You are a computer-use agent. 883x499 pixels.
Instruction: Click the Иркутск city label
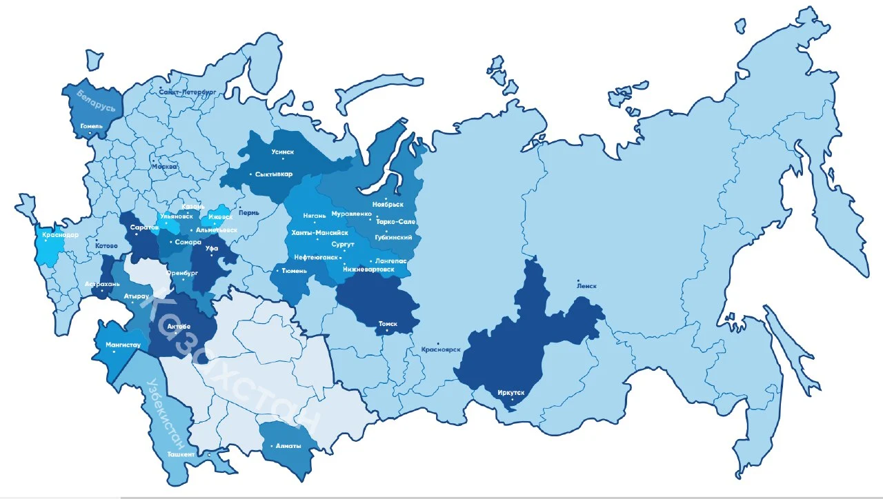click(x=511, y=393)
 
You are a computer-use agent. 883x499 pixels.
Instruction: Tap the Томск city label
click(x=388, y=323)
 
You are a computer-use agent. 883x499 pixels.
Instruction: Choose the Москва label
click(x=164, y=167)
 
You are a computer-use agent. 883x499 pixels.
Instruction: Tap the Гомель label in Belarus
click(x=91, y=126)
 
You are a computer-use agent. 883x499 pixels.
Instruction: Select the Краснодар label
click(x=61, y=235)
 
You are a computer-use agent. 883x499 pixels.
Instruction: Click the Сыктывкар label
click(x=274, y=174)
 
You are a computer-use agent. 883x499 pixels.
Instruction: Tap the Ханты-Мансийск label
click(x=315, y=233)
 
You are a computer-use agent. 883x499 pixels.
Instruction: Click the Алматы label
click(x=287, y=446)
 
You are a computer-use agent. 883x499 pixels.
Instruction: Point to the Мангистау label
click(x=123, y=344)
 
